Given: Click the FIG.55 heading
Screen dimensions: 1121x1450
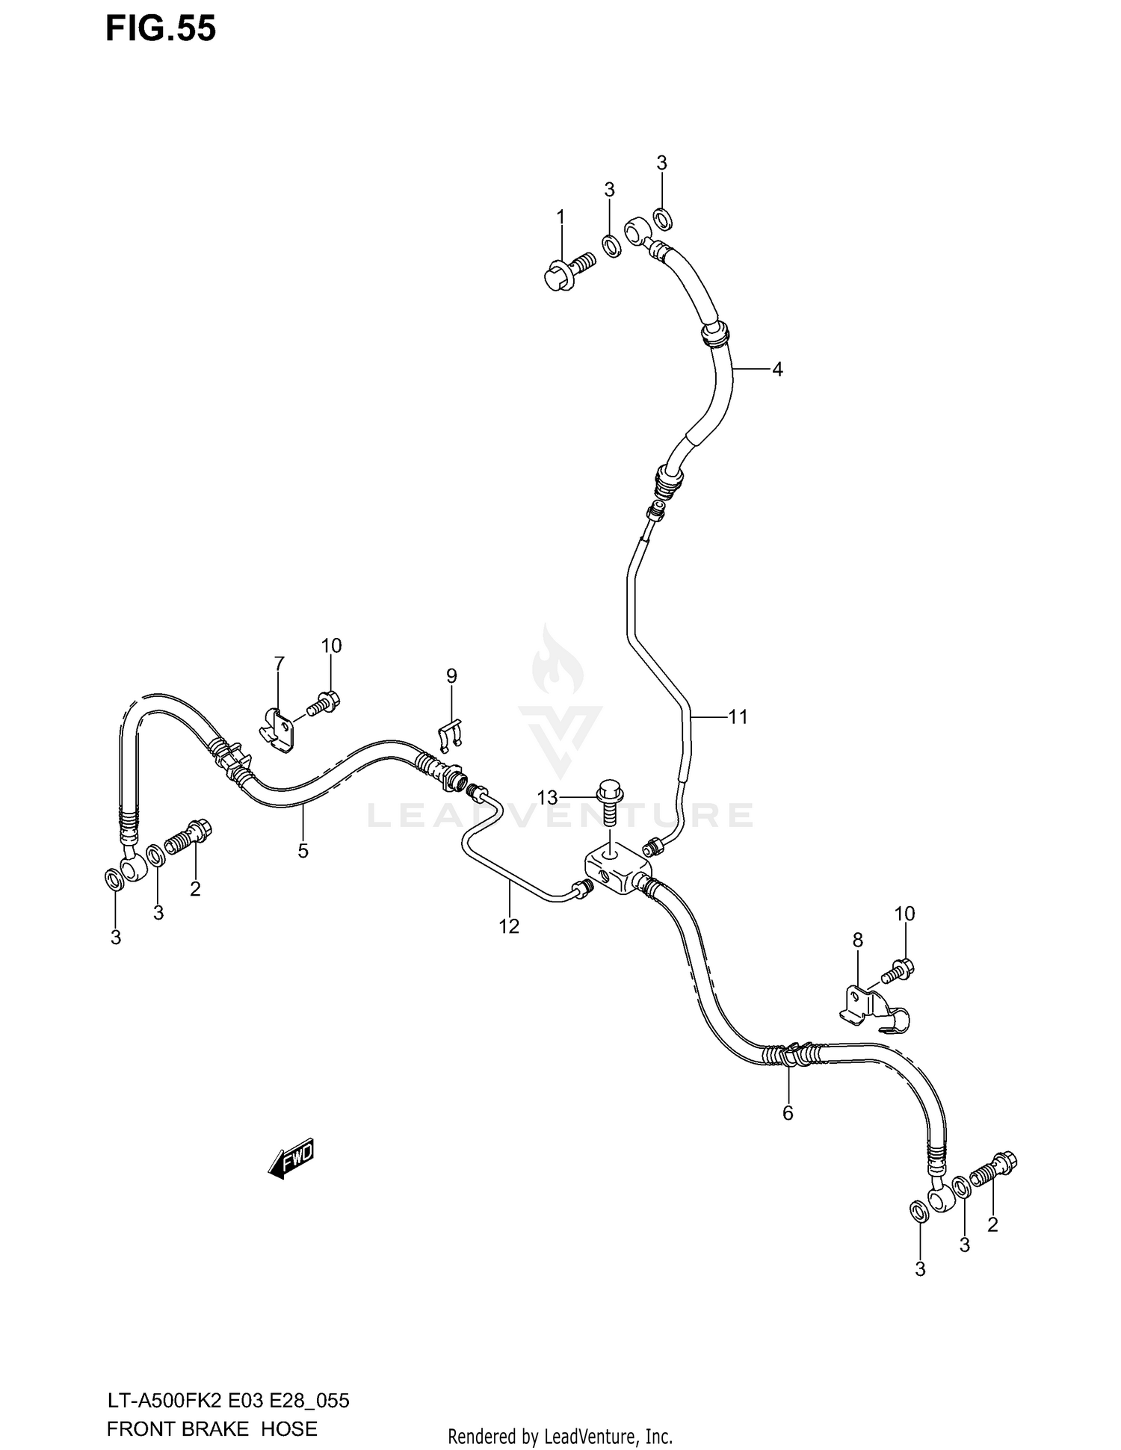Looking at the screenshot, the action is (x=161, y=28).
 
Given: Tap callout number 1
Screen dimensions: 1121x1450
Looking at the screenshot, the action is (x=560, y=217).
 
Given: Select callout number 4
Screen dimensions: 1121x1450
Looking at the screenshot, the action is (x=777, y=369).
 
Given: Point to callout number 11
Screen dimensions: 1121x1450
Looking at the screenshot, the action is (x=738, y=717).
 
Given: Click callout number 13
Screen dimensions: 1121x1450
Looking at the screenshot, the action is (x=547, y=798).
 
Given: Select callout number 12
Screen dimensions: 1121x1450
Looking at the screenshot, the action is (x=509, y=926).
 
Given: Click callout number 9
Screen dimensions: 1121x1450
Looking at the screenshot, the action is (x=451, y=676).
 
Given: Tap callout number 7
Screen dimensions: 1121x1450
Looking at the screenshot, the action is (x=279, y=663).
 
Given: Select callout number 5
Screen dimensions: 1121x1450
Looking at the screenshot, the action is (x=303, y=850).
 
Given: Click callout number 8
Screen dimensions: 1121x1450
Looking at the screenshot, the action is (x=857, y=941).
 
